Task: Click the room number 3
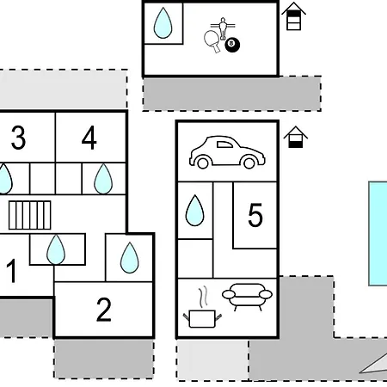(x=19, y=138)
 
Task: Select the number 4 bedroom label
(x=89, y=138)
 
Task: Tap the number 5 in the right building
(x=255, y=215)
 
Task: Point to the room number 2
(x=104, y=310)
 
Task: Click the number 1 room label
(x=11, y=271)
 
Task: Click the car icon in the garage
(x=227, y=152)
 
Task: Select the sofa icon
(x=247, y=297)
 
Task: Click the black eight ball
(x=232, y=45)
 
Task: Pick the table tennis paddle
(x=212, y=41)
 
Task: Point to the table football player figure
(x=223, y=28)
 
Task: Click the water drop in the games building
(x=163, y=23)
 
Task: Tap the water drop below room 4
(x=103, y=179)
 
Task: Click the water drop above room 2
(x=130, y=257)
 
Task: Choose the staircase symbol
(x=30, y=215)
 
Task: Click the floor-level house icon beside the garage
(x=296, y=137)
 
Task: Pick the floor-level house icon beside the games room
(x=293, y=16)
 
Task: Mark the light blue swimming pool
(x=378, y=233)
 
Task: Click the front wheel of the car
(x=249, y=163)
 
